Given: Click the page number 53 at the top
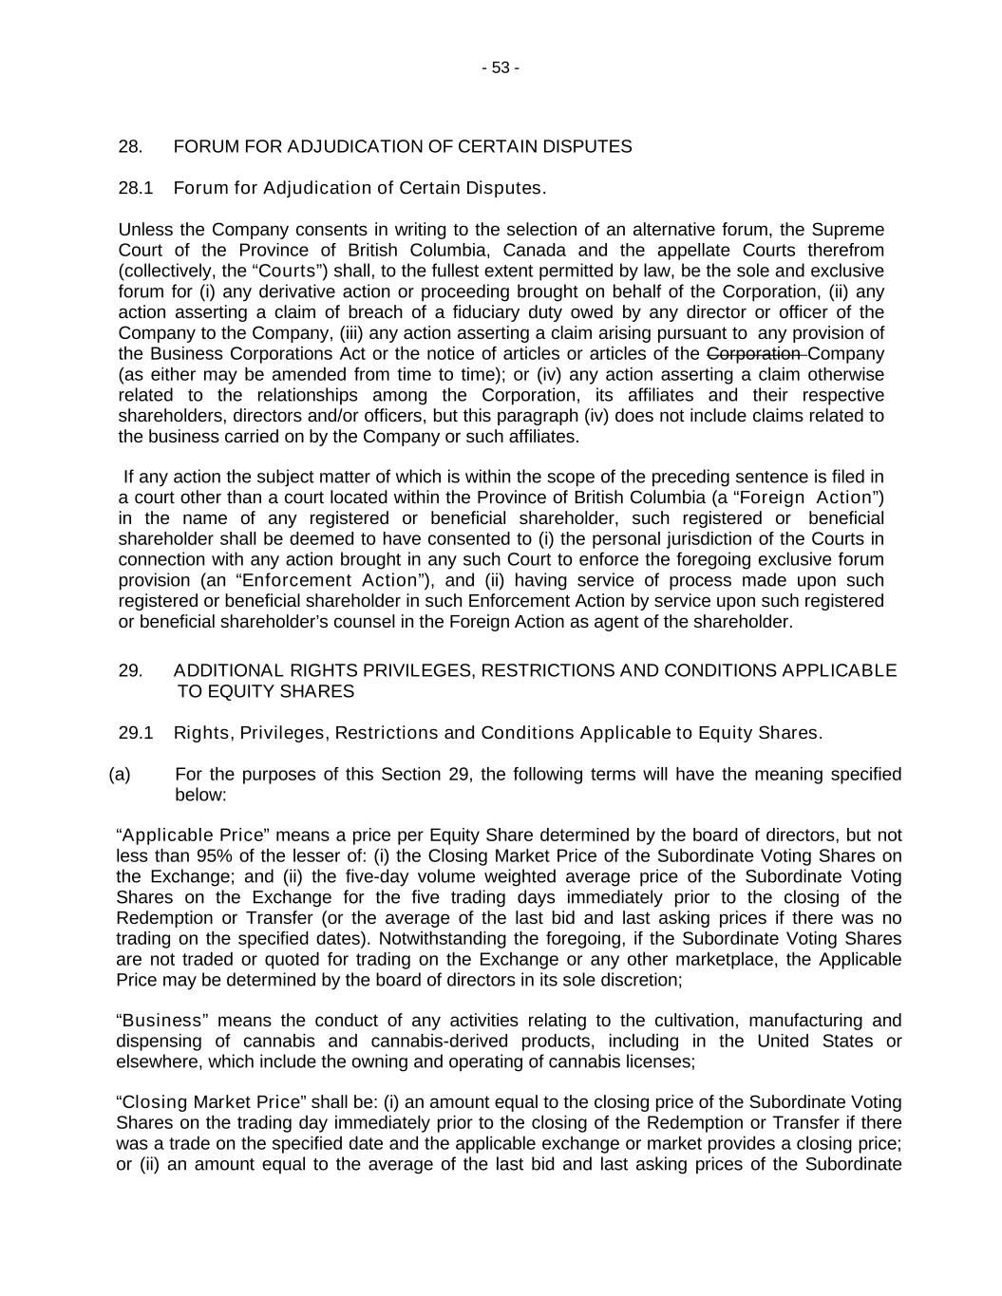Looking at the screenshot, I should (501, 67).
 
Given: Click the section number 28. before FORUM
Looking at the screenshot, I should (130, 146).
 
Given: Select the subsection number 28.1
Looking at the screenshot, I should (135, 188).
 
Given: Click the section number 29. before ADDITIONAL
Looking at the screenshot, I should (130, 671).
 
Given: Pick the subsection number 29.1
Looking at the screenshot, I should (135, 733).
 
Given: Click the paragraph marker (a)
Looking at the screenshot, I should (120, 774).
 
